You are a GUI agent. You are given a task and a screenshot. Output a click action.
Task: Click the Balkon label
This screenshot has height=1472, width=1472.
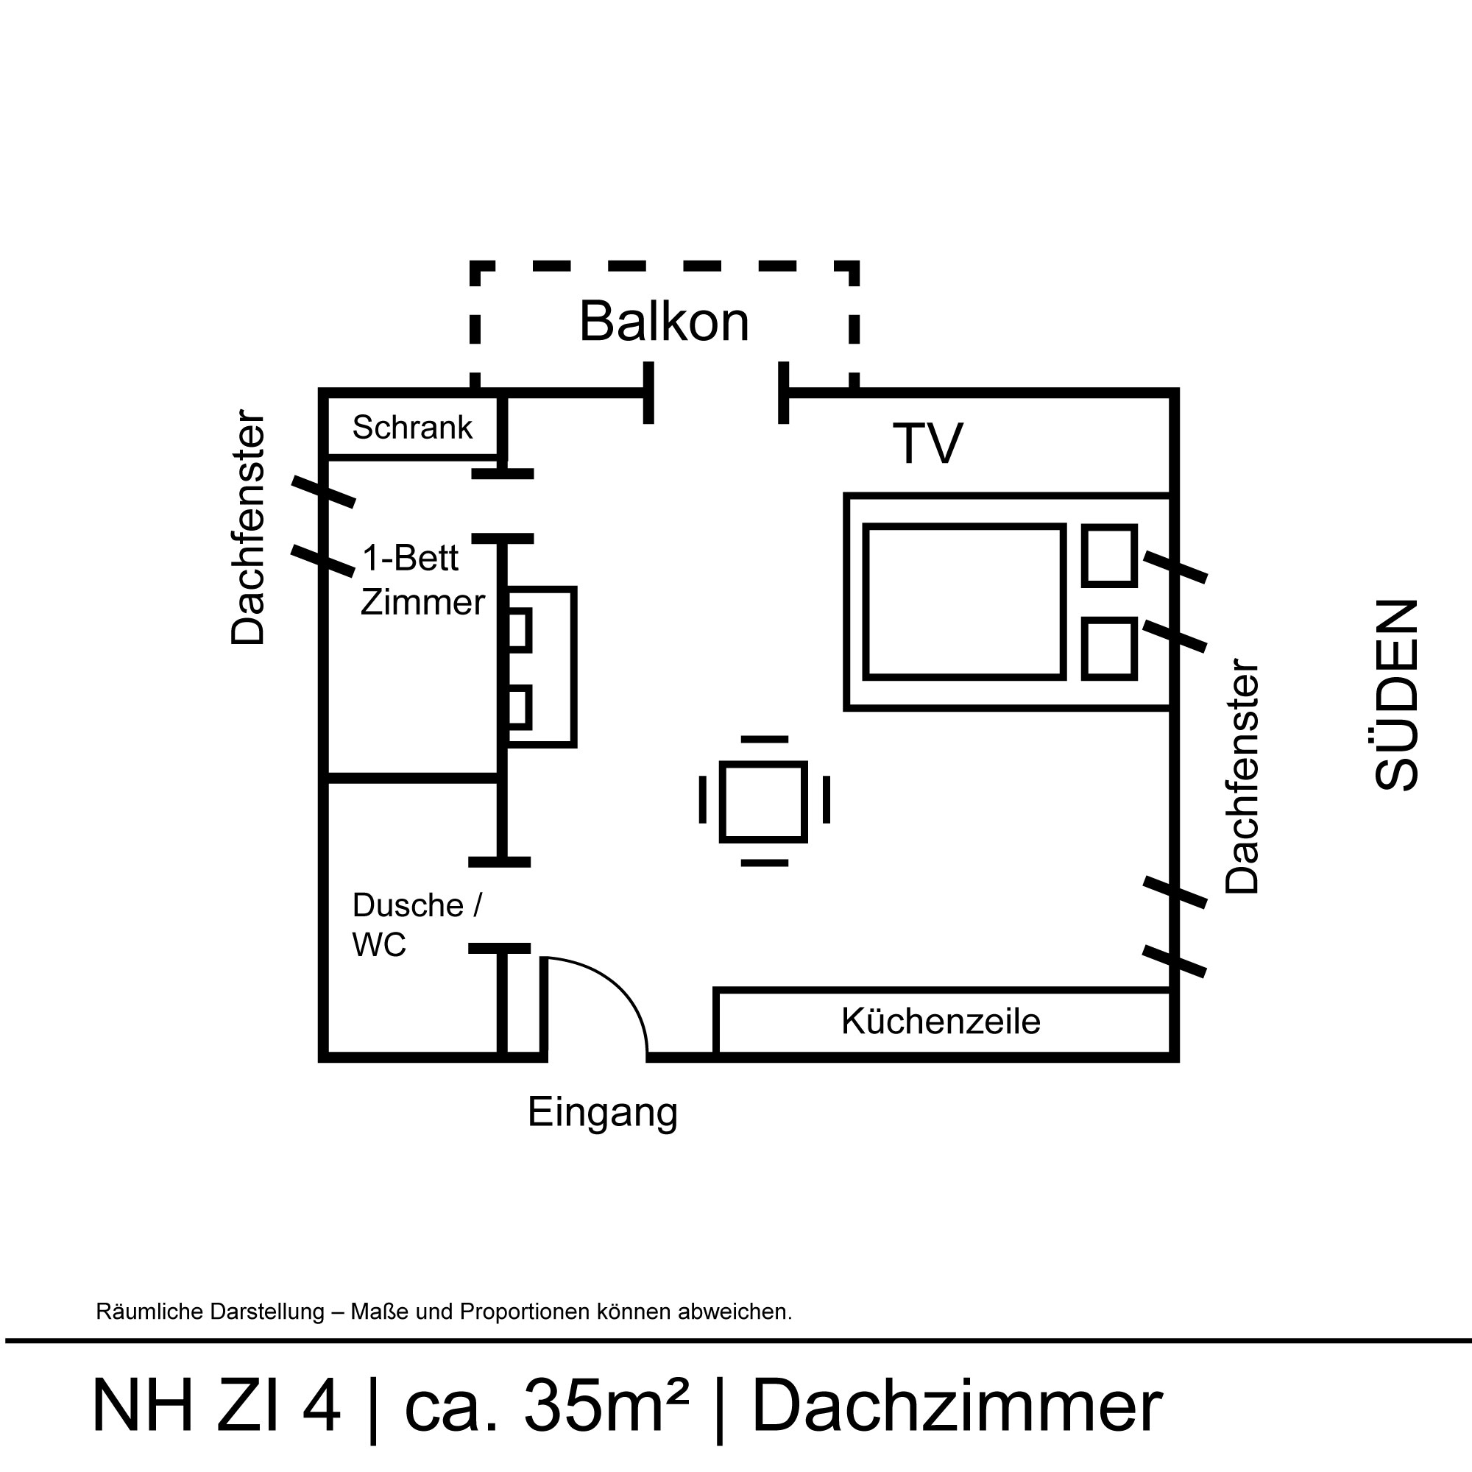(x=664, y=322)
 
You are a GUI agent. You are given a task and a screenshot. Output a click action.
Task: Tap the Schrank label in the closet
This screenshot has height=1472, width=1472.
(x=412, y=428)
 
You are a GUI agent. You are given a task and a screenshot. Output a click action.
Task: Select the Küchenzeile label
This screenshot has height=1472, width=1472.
(x=940, y=1022)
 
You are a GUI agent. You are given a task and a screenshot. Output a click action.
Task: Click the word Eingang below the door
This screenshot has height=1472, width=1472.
(x=602, y=1112)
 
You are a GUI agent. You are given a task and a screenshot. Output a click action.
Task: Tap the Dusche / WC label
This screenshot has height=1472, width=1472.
(x=416, y=925)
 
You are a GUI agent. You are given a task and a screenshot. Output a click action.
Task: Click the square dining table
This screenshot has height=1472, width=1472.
(x=762, y=802)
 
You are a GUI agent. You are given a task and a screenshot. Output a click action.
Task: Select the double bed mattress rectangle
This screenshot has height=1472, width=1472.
(x=964, y=601)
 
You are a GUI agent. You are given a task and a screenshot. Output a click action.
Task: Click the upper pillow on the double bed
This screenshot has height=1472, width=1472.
(x=1109, y=556)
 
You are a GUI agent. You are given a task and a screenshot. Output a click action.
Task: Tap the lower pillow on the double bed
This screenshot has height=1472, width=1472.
(x=1109, y=648)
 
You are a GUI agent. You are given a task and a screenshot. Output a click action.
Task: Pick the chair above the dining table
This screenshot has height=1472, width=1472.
(x=764, y=739)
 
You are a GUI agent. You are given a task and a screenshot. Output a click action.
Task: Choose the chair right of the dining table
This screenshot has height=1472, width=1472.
(x=827, y=800)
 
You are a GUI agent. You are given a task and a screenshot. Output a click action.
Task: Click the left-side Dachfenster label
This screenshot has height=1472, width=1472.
(x=248, y=527)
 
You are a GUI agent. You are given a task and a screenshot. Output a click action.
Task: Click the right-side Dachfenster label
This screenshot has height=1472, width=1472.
(x=1242, y=776)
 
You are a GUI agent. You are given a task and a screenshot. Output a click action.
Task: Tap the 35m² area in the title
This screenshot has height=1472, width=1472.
(x=606, y=1406)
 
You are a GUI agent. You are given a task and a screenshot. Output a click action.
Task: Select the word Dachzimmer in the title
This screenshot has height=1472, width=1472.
(x=957, y=1406)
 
